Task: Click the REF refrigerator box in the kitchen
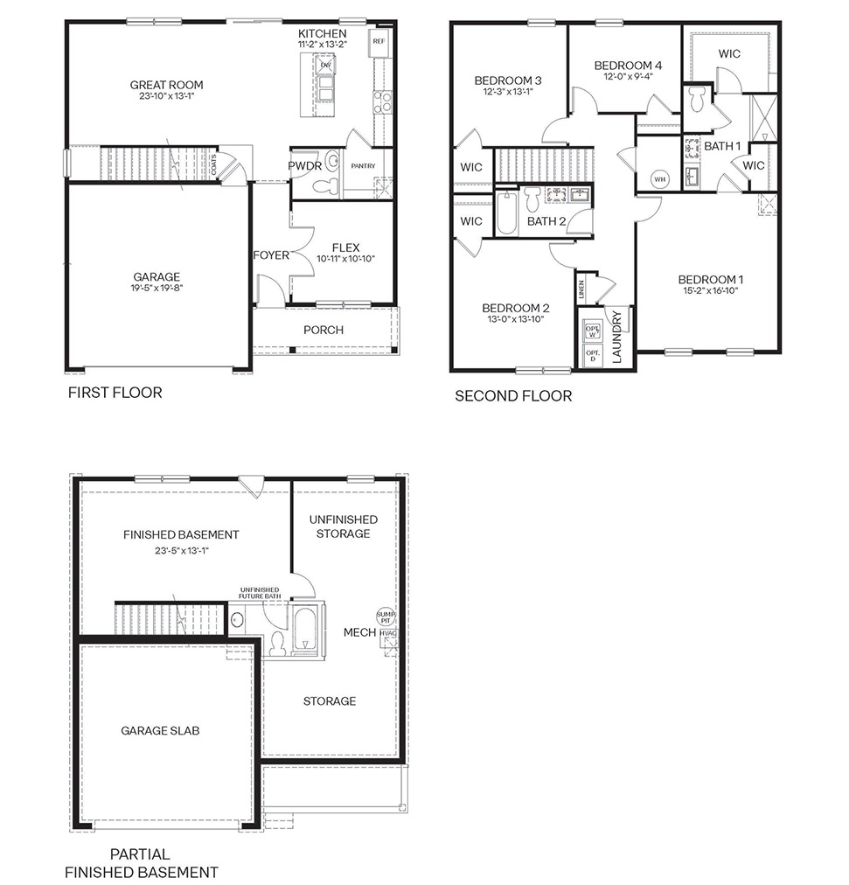[x=379, y=41]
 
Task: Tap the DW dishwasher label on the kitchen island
[x=325, y=65]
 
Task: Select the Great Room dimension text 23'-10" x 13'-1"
[x=166, y=98]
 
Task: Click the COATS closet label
[x=214, y=165]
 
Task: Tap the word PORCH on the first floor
[x=323, y=330]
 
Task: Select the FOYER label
[x=271, y=255]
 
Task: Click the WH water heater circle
[x=658, y=180]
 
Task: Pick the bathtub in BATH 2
[x=507, y=214]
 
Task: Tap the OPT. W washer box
[x=592, y=331]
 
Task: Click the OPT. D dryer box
[x=592, y=356]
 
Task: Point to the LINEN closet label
[x=582, y=289]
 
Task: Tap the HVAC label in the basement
[x=389, y=635]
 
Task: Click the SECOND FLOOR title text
[x=513, y=396]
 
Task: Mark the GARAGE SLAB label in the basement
[x=160, y=730]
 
